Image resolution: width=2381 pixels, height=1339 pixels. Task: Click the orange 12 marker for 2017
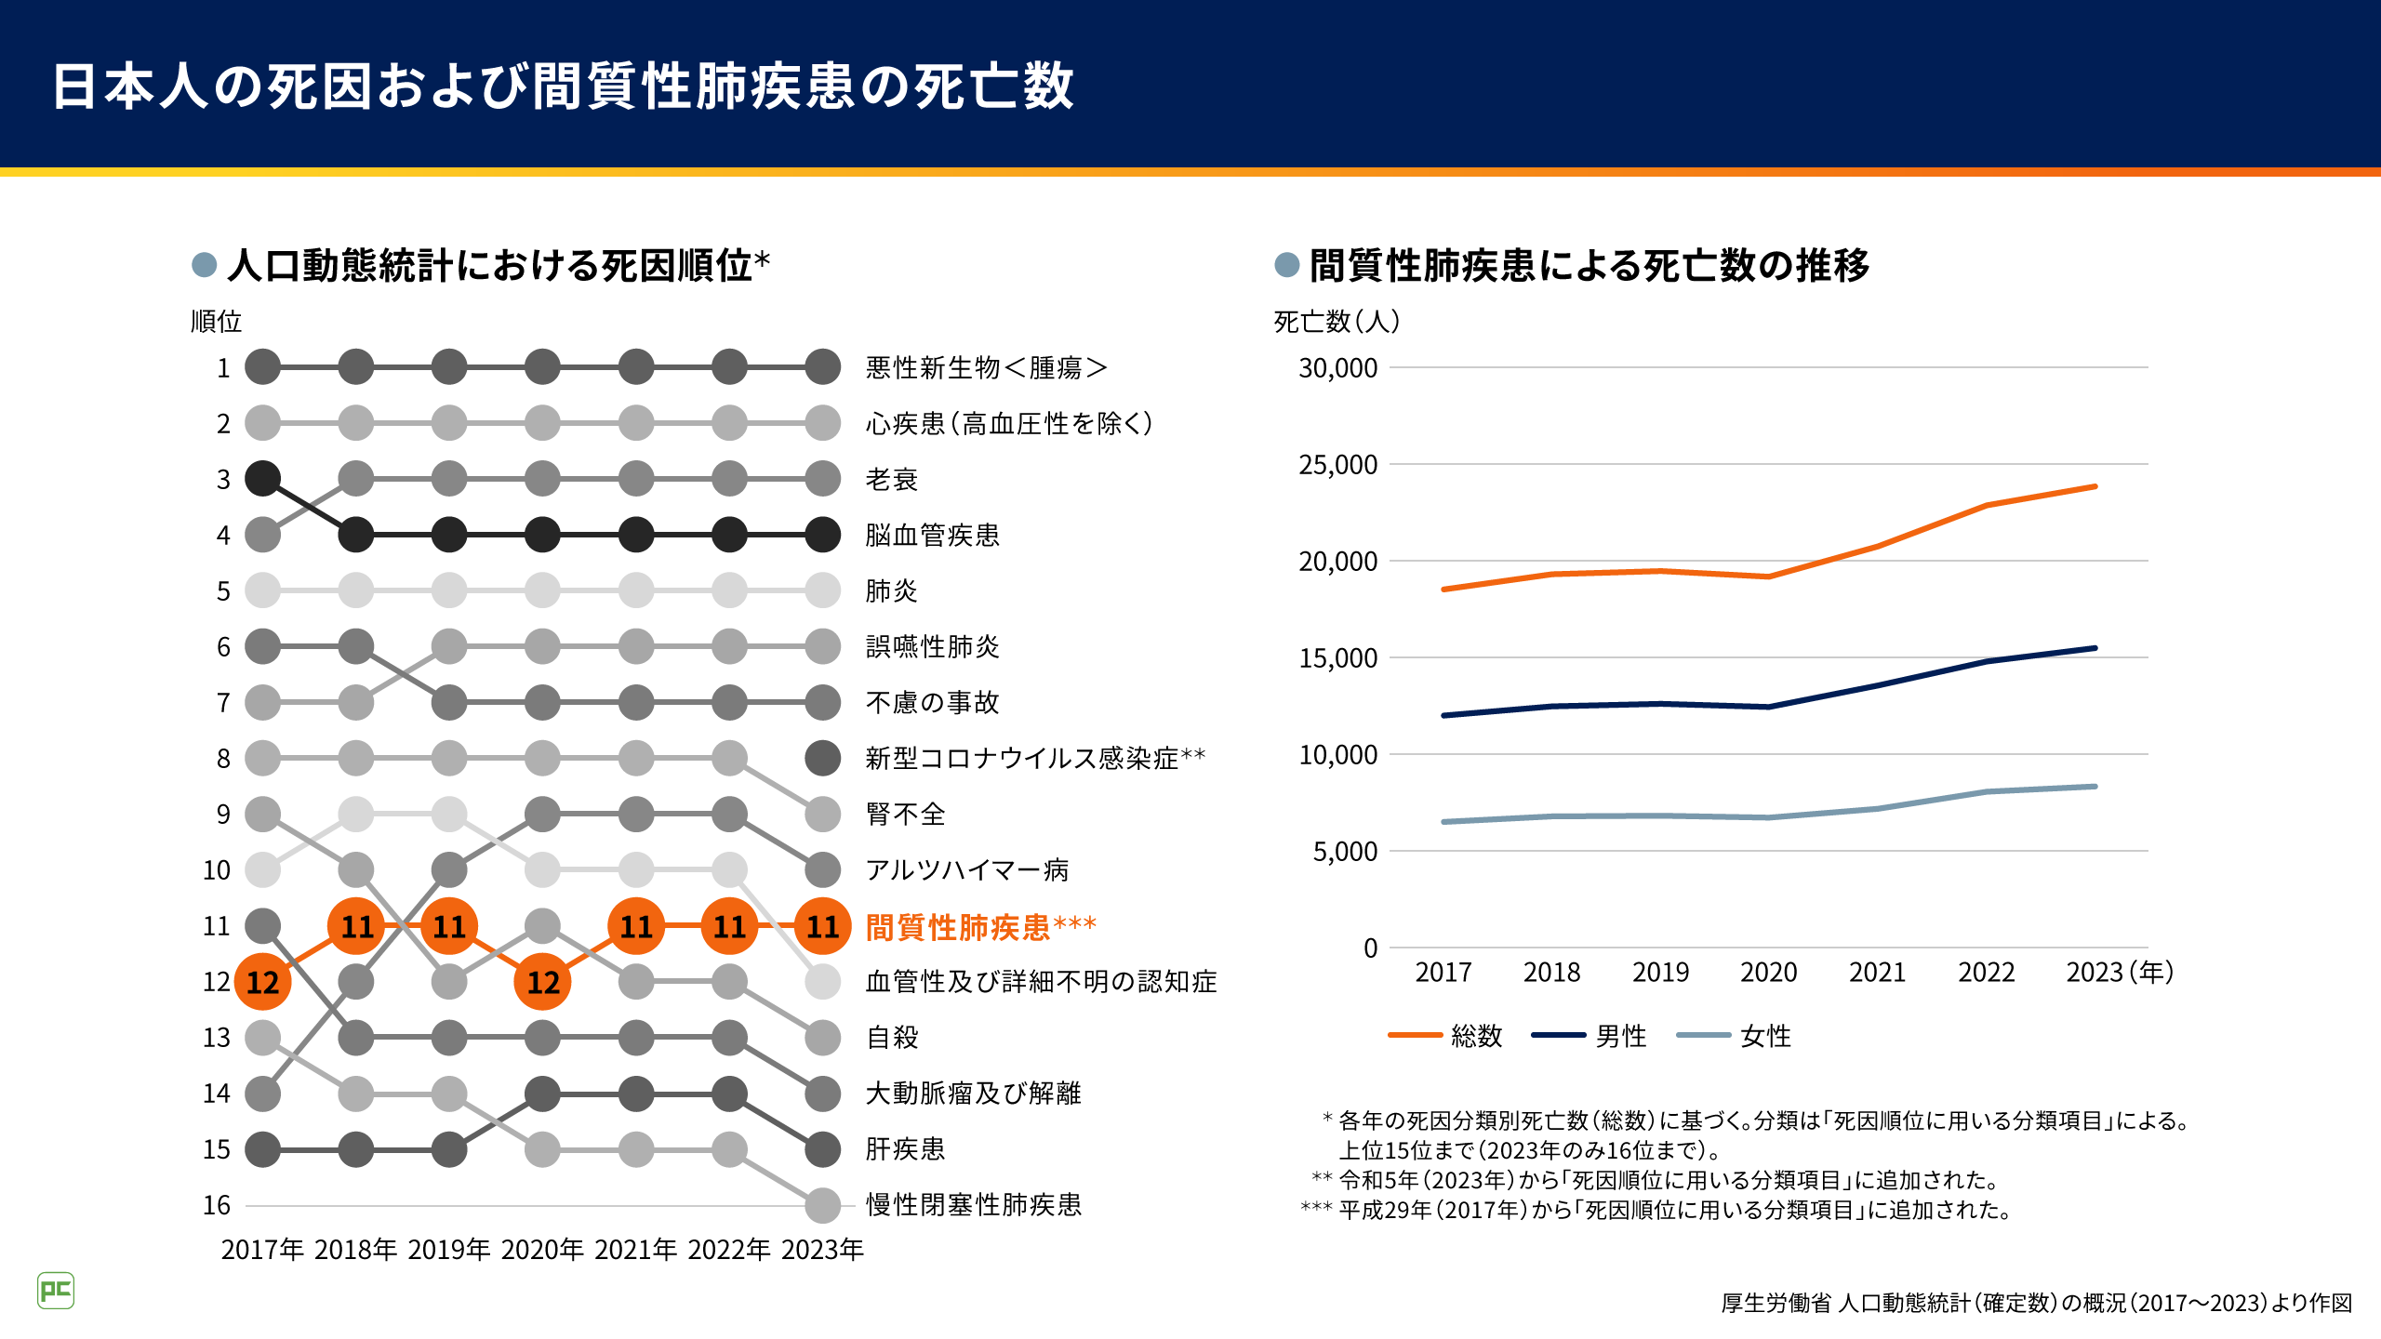262,982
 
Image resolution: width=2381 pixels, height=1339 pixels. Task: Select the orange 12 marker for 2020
542,982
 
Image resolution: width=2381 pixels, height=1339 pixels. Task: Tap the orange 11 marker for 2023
822,926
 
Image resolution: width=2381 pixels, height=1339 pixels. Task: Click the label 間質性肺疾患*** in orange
980,927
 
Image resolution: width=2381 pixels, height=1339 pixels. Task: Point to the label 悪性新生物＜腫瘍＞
986,368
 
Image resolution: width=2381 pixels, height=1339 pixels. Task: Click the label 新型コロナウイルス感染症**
1034,759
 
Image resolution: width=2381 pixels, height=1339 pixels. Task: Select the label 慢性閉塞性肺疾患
973,1205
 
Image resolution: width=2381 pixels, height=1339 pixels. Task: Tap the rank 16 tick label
217,1206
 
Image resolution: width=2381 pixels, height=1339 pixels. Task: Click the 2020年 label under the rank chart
542,1250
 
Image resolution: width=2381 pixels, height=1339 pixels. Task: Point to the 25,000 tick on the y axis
1337,465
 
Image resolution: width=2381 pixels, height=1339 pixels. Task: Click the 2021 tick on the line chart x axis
1877,973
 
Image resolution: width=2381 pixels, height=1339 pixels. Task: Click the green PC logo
56,1291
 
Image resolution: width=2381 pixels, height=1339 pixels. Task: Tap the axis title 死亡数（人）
1337,322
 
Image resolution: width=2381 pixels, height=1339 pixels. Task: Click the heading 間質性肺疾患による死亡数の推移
1589,266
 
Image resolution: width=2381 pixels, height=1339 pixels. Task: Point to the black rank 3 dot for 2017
262,479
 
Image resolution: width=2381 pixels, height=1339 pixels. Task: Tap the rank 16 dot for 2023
822,1205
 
